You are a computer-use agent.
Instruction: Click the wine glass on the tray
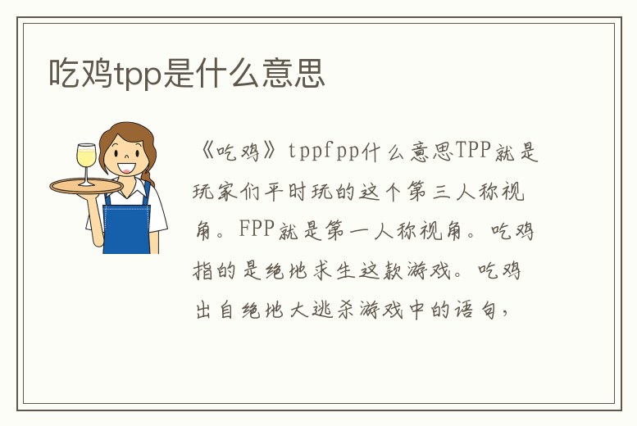86,162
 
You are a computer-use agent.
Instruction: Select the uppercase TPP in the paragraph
473,152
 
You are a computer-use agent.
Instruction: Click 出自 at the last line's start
212,311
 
